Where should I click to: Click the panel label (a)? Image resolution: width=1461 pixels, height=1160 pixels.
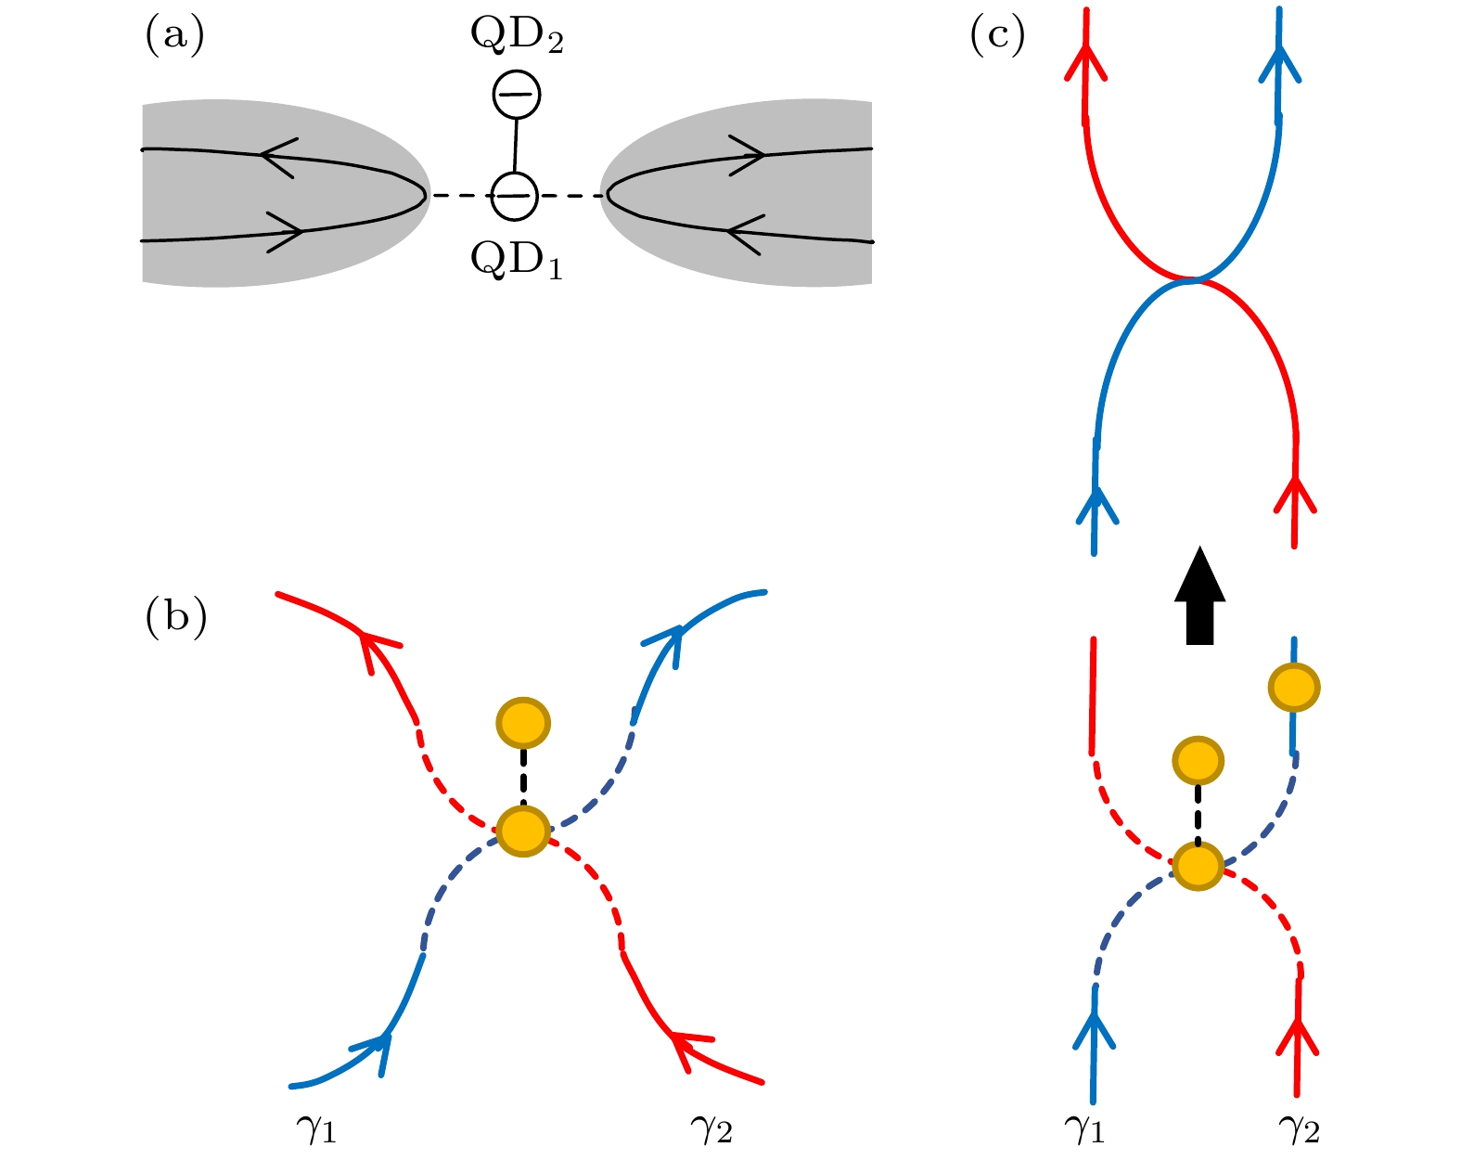pos(174,37)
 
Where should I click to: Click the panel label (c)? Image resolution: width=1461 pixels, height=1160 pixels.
pos(997,37)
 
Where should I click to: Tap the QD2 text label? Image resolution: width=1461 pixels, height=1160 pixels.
pos(517,37)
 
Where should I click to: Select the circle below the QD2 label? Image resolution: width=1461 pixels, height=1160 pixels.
pos(516,95)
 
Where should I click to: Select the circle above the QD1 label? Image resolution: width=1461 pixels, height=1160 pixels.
pos(514,196)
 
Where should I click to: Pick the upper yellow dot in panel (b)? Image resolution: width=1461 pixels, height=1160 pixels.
pos(523,722)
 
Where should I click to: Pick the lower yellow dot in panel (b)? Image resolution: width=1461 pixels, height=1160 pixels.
pos(523,831)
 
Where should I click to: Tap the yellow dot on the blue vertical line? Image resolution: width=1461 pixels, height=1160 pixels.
pos(1294,688)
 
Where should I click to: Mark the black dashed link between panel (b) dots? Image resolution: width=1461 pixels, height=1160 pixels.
pos(523,777)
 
